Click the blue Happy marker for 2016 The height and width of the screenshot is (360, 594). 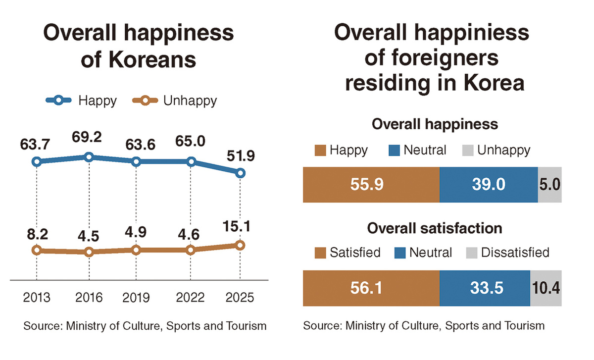pos(89,157)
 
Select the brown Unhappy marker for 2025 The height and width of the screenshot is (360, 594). pos(240,245)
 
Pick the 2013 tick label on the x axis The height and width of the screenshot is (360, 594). pos(37,298)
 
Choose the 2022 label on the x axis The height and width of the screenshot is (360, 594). pos(191,298)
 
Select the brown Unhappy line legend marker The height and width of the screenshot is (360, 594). pos(145,101)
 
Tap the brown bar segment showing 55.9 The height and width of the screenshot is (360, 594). pos(371,185)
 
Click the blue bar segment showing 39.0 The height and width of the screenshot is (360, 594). pos(488,185)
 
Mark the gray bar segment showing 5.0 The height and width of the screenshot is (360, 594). pos(549,185)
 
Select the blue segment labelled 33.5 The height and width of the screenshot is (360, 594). pos(485,288)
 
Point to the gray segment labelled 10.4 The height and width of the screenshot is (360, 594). pos(545,288)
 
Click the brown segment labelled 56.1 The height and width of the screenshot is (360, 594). pos(371,288)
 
